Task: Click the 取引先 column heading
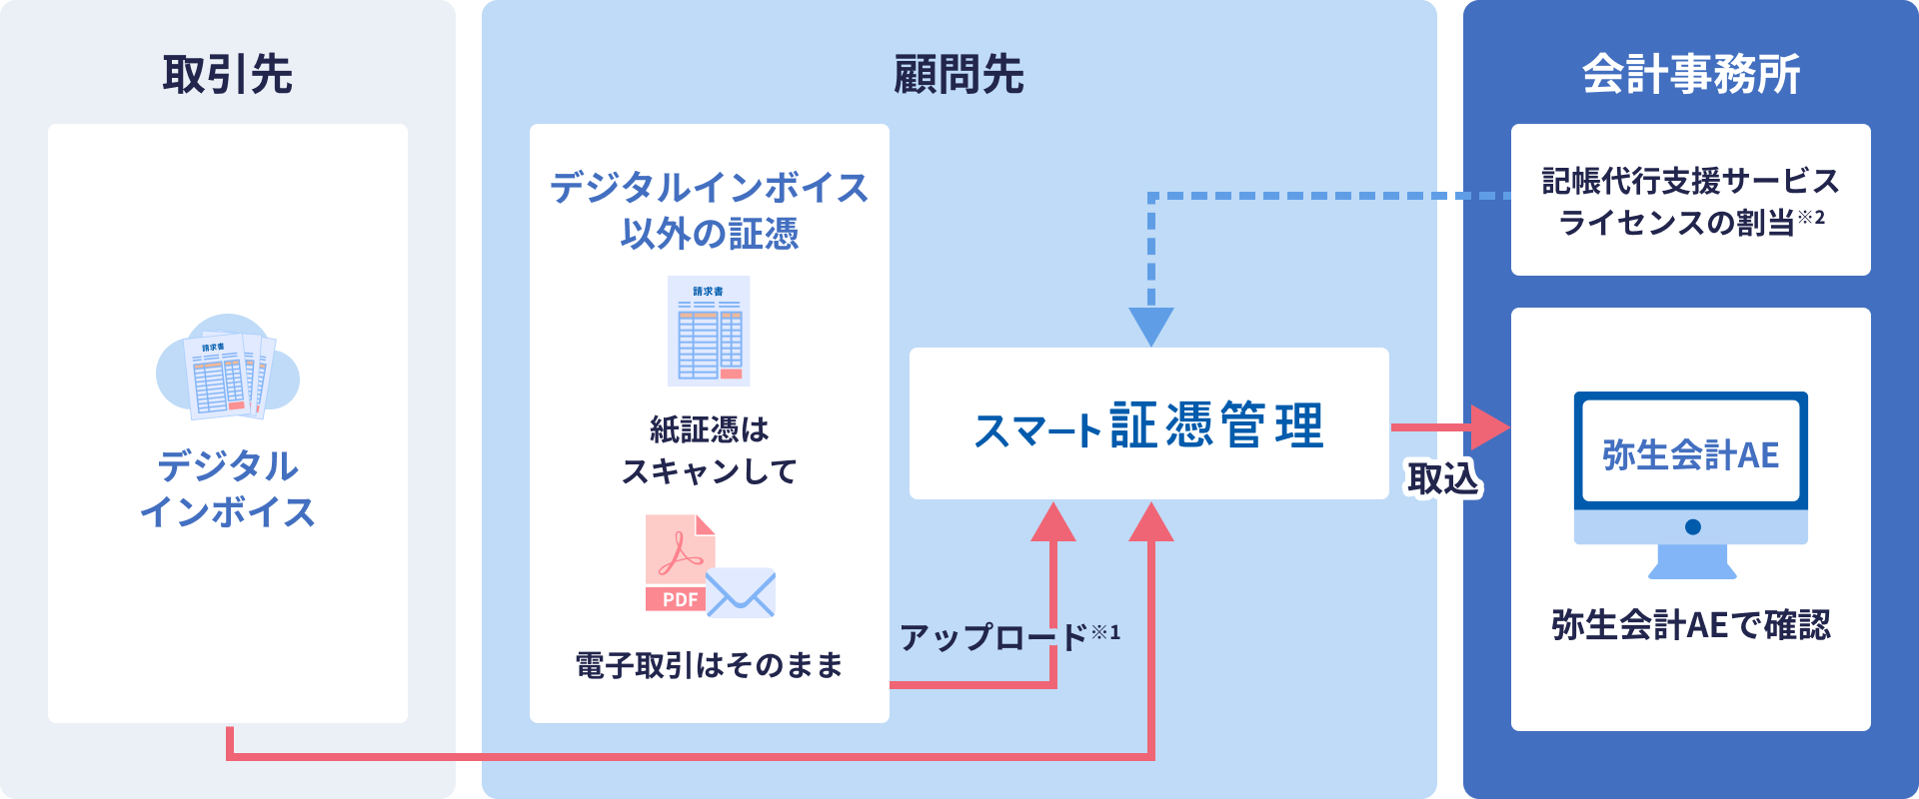tap(228, 75)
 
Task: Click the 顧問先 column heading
tap(959, 75)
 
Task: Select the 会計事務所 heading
tap(1691, 75)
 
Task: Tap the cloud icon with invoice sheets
tap(228, 367)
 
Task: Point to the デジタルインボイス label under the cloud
tap(228, 488)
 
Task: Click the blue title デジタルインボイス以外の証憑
tap(709, 211)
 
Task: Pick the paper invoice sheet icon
tap(709, 331)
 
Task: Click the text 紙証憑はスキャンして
tap(709, 450)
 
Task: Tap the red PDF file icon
tap(679, 561)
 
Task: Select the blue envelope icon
tap(741, 592)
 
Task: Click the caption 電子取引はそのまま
tap(709, 665)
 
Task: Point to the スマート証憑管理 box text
tap(1148, 425)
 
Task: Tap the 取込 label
tap(1442, 479)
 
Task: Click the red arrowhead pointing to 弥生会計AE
tap(1489, 427)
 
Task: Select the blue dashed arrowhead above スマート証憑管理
tap(1151, 326)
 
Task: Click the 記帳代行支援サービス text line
tap(1690, 181)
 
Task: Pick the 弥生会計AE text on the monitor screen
tap(1690, 455)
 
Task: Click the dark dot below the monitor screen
tap(1692, 527)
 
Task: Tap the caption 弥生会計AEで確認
tap(1690, 625)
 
